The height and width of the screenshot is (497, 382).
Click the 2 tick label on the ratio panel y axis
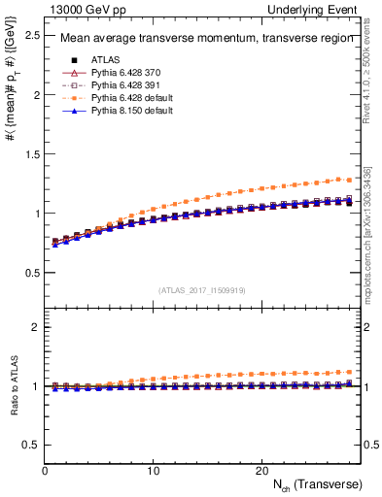pyautogui.click(x=35, y=327)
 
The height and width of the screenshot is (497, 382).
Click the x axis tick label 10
pyautogui.click(x=153, y=469)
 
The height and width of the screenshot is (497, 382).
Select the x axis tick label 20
pyautogui.click(x=261, y=469)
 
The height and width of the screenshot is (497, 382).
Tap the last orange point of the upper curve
pyautogui.click(x=348, y=181)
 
